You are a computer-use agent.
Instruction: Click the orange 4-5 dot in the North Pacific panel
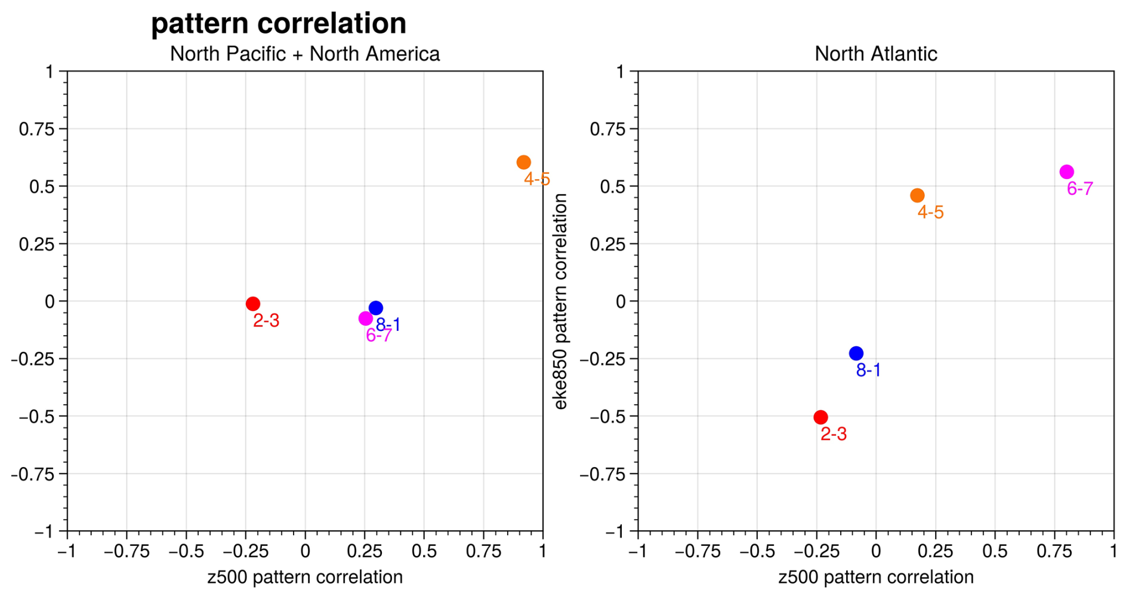point(523,162)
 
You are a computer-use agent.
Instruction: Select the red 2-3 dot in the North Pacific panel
point(252,304)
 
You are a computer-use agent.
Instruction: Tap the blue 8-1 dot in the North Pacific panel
point(375,308)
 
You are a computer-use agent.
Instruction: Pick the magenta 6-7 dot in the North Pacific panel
point(366,319)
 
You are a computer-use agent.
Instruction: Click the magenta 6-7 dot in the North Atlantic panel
point(1066,172)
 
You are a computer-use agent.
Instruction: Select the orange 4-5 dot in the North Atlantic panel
point(917,196)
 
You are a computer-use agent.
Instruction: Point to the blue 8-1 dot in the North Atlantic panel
point(856,354)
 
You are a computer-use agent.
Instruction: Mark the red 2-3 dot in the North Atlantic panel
point(820,417)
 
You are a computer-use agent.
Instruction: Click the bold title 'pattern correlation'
point(279,24)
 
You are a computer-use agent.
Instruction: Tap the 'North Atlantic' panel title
point(875,54)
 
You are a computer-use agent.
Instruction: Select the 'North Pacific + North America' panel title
point(305,54)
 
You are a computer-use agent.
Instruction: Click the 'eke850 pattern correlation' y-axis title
point(560,302)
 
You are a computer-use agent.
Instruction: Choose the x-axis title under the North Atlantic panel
point(875,578)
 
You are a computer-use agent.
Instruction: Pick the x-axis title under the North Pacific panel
point(305,578)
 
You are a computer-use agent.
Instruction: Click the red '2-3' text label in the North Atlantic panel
point(833,434)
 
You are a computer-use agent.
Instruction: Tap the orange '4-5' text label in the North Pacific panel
point(536,179)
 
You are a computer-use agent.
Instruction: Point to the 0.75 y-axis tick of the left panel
point(36,130)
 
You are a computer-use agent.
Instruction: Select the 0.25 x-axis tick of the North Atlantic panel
point(935,551)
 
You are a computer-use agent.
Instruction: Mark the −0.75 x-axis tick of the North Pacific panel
point(127,551)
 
